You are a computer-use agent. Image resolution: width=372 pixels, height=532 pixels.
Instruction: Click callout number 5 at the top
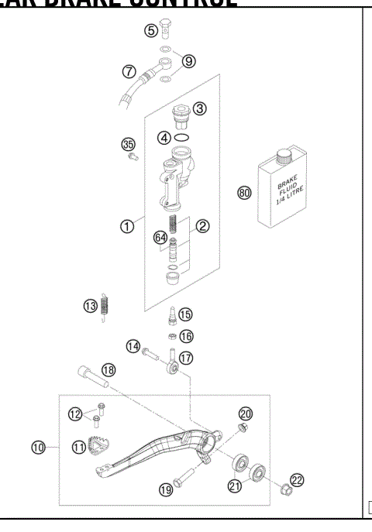tap(151, 31)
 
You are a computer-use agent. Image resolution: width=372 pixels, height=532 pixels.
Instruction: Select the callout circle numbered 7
tap(129, 71)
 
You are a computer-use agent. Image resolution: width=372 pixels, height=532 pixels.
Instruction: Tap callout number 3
tap(200, 108)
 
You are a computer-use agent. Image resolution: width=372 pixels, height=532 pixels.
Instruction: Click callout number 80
tap(245, 193)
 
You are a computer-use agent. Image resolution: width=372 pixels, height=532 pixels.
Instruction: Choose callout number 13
tap(91, 306)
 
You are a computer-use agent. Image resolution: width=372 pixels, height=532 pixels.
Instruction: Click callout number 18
tap(108, 371)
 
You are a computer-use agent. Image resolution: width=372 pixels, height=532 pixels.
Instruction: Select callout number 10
tap(37, 447)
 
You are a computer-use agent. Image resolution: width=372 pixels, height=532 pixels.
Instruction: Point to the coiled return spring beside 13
tap(106, 306)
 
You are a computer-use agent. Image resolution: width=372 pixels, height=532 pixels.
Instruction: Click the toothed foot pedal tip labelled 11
tap(101, 448)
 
